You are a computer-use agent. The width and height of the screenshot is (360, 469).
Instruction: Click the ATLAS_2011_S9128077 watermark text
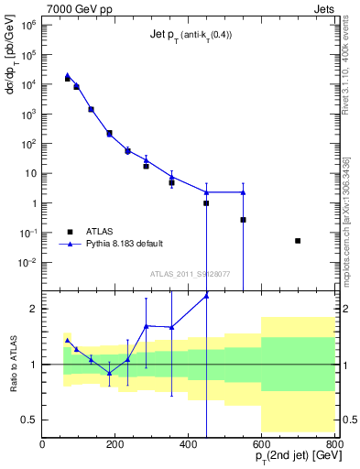tap(190, 273)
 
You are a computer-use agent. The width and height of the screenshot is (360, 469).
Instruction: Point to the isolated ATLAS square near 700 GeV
tap(298, 241)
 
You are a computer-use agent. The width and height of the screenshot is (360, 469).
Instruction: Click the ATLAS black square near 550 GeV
tap(243, 220)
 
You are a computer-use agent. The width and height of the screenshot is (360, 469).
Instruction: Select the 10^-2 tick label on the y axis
tap(28, 262)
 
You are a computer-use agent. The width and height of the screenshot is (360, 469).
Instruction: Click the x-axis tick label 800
tap(333, 445)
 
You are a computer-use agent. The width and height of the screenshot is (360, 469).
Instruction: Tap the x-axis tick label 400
tap(188, 445)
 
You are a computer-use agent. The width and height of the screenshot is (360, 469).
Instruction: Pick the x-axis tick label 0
tap(42, 445)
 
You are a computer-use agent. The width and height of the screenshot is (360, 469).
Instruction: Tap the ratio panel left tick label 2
tap(33, 309)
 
